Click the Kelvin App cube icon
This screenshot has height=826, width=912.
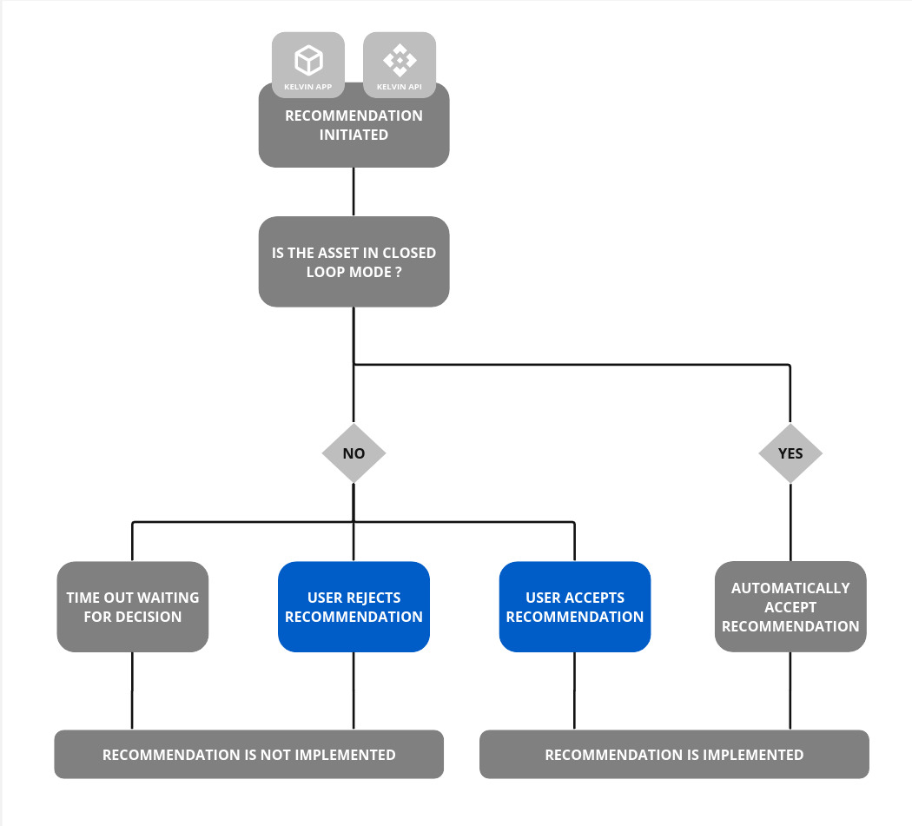click(308, 61)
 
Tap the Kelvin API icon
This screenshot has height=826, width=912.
click(400, 61)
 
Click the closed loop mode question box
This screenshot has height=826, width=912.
click(354, 261)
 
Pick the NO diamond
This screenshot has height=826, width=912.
click(354, 453)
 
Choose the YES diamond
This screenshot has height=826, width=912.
click(790, 453)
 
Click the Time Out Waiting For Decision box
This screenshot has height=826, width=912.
click(133, 606)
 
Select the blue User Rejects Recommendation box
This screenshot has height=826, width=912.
click(354, 606)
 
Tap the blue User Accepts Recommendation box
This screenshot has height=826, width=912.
click(574, 606)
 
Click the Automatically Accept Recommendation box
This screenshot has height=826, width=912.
click(790, 606)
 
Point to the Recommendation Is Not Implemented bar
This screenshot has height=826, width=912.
click(248, 754)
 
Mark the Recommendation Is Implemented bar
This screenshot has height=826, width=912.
click(674, 754)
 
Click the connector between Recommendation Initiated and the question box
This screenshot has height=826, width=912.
click(354, 192)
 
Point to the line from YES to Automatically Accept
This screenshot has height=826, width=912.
click(790, 522)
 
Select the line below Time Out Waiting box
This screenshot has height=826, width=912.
click(132, 691)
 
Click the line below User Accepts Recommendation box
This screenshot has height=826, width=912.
click(574, 691)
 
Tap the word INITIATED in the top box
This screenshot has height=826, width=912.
click(354, 135)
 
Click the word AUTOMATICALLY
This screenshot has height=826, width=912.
click(790, 588)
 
